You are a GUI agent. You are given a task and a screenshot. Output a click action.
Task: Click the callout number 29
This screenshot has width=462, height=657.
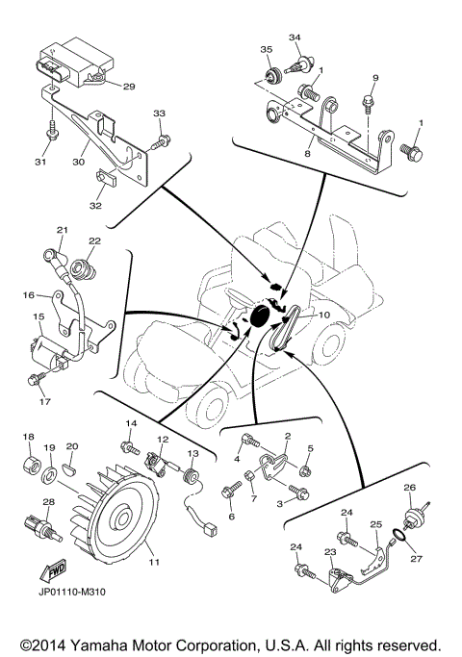128,87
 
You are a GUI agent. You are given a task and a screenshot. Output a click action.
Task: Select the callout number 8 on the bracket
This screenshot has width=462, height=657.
307,152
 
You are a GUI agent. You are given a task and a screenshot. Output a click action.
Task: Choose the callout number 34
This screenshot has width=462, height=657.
295,38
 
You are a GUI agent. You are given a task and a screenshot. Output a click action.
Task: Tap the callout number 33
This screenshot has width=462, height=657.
159,114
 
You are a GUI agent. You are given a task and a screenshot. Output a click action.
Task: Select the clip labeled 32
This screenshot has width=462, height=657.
105,179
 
